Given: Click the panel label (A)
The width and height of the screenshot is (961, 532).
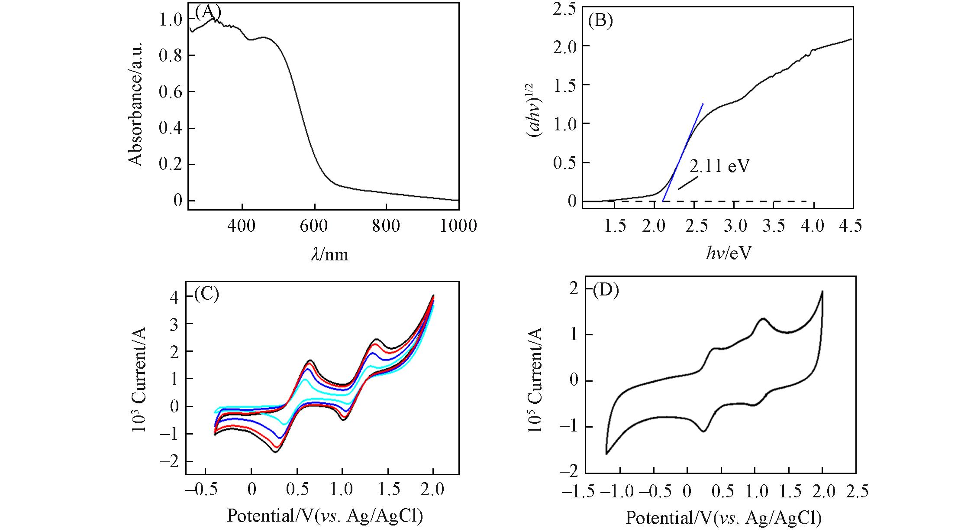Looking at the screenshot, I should click(x=208, y=12).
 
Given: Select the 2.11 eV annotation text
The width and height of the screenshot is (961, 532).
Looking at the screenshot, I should click(x=719, y=166).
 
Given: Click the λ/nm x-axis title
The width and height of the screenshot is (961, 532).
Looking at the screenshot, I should click(x=329, y=254).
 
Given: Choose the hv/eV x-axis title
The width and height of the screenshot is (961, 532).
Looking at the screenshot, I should click(x=729, y=253).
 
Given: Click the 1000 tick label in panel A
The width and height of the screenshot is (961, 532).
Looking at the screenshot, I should click(x=458, y=226).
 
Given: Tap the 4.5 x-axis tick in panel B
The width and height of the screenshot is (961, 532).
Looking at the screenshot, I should click(x=850, y=226).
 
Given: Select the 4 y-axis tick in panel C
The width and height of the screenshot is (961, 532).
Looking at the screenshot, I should click(x=175, y=296).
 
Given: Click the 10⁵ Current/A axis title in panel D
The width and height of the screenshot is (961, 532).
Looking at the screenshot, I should click(x=535, y=380).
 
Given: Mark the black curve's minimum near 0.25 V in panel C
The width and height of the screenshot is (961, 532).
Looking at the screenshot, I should click(x=275, y=452).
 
